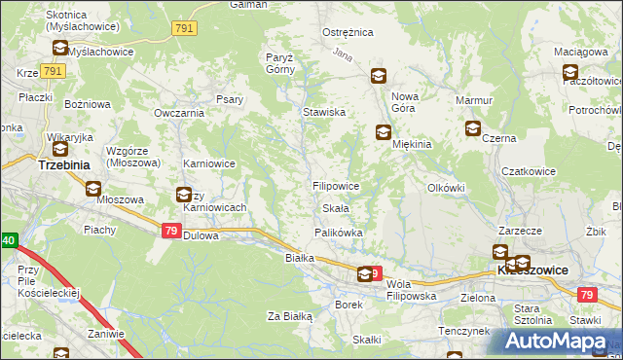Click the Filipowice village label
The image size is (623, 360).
click(336, 185)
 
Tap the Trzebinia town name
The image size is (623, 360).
click(63, 165)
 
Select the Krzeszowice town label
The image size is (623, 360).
click(532, 269)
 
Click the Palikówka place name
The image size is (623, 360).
click(338, 233)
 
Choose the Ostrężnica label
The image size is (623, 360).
click(348, 32)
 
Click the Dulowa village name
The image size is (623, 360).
click(202, 235)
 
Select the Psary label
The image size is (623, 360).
click(230, 98)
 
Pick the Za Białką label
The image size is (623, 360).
click(289, 316)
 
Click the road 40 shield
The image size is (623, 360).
click(8, 239)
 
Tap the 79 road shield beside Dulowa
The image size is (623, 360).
click(170, 231)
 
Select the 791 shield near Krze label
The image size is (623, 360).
click(54, 72)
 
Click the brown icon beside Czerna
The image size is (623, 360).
click(473, 127)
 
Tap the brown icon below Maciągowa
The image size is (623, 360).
click(570, 71)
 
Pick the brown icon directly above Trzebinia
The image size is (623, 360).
click(60, 148)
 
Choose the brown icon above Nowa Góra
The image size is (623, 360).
click(378, 76)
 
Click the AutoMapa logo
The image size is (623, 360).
click(561, 342)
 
